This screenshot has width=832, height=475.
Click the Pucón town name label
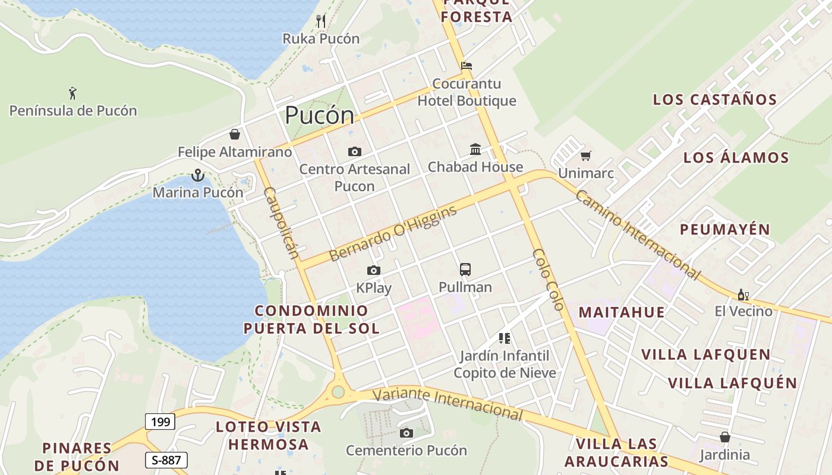(319, 115)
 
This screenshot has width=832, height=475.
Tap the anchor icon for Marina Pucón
(197, 175)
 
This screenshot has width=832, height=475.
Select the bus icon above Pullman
(465, 270)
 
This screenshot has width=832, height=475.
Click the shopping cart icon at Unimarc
(586, 156)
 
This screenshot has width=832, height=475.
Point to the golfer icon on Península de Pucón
(73, 93)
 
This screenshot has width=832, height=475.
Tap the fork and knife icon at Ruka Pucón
(321, 21)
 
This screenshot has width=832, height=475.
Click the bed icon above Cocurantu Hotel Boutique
(467, 66)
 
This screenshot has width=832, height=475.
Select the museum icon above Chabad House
(475, 149)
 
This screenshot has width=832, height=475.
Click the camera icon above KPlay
(373, 271)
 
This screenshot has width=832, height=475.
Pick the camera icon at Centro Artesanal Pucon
(355, 152)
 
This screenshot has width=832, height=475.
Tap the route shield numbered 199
(160, 422)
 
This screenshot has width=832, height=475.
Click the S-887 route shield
(166, 460)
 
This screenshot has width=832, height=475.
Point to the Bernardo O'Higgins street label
(393, 233)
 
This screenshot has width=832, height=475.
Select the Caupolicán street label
(281, 223)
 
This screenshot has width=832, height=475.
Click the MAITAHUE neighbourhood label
(622, 312)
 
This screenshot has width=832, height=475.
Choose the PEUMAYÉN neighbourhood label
(724, 229)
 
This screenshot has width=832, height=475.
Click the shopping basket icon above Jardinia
(724, 437)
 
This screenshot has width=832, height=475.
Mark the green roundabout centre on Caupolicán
(338, 391)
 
